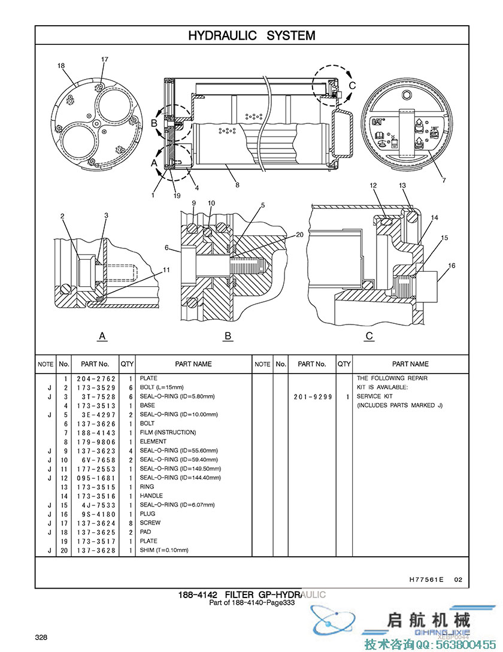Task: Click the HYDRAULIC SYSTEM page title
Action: coord(251,35)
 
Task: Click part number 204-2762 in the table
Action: coord(96,379)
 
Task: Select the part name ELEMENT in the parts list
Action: coord(153,442)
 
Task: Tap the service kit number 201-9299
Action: coord(313,397)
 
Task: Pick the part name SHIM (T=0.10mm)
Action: coord(164,550)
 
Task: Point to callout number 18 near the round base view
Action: coord(61,66)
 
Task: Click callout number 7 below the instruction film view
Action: coord(444,180)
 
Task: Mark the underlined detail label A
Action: coord(102,336)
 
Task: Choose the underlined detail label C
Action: coord(369,336)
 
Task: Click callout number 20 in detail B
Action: coord(299,235)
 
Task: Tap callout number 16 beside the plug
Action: coord(452,265)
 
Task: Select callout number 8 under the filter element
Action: coord(237,186)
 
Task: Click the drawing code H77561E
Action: coord(426,580)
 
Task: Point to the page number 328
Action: coord(41,636)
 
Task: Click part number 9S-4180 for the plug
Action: coord(96,514)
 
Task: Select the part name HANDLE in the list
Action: coord(151,496)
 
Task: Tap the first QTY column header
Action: coord(128,364)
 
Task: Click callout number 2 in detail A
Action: coord(62,216)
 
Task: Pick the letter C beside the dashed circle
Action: coord(352,86)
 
